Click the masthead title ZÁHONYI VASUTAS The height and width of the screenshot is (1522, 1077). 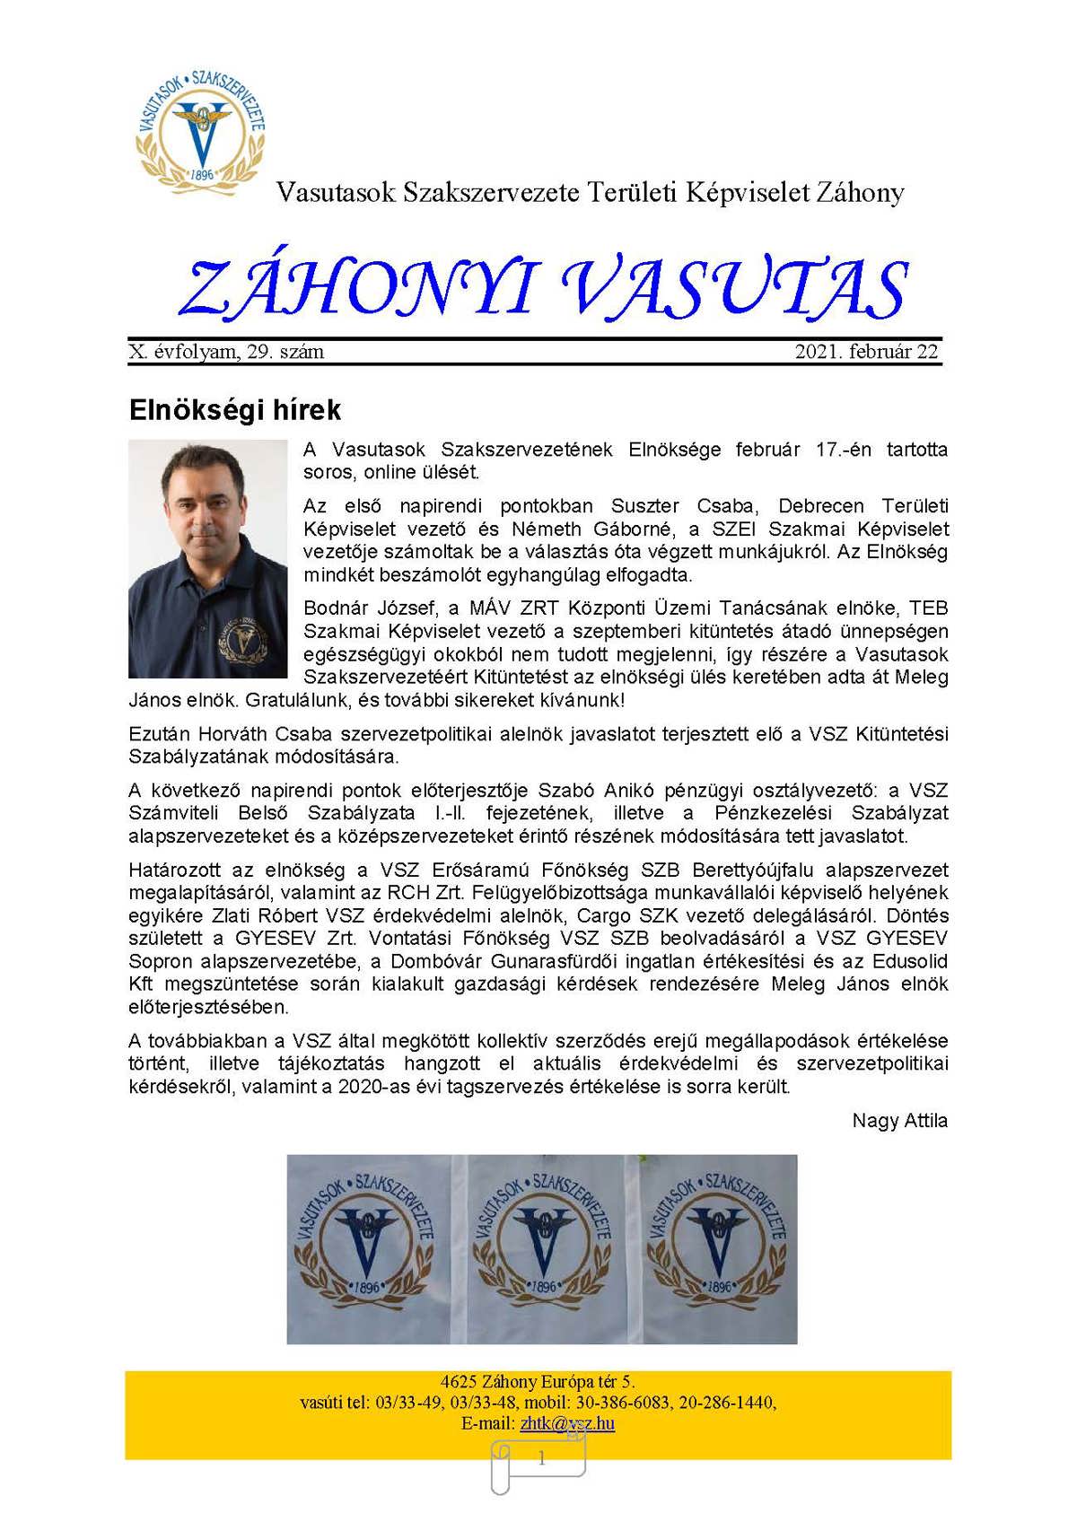click(x=543, y=289)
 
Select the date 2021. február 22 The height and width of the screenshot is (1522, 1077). click(x=866, y=352)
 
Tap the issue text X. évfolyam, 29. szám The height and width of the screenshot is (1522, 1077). click(x=227, y=352)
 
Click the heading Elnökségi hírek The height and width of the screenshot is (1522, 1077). click(x=235, y=410)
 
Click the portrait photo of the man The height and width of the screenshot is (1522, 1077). click(x=208, y=558)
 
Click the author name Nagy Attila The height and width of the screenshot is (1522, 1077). click(x=899, y=1121)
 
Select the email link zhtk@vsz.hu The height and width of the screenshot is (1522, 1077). click(x=567, y=1423)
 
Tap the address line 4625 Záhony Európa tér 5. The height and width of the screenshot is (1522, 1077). click(x=538, y=1382)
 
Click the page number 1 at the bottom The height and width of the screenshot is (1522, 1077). click(x=541, y=1460)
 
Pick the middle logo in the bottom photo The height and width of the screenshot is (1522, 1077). click(x=542, y=1248)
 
